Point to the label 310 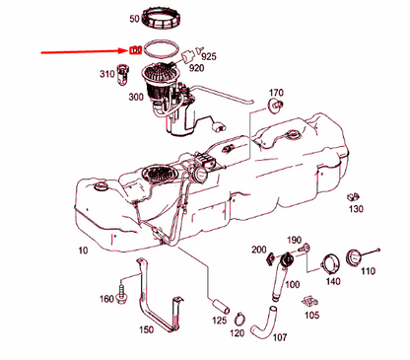click(x=106, y=75)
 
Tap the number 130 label click(x=356, y=208)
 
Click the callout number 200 click(x=258, y=251)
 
